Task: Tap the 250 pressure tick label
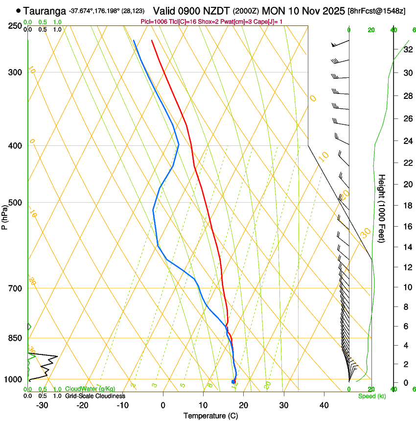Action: [x=15, y=25]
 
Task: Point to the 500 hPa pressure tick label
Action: [x=15, y=203]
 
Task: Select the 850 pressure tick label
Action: [x=15, y=338]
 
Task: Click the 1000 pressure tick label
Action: [x=13, y=379]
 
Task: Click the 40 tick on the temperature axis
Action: [x=324, y=405]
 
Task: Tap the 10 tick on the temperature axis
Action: [x=203, y=405]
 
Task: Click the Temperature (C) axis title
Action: [x=210, y=416]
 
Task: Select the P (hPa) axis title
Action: [x=4, y=216]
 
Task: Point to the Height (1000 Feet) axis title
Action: [x=382, y=208]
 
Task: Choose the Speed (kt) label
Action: [x=371, y=396]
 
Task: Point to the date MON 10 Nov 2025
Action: [x=303, y=10]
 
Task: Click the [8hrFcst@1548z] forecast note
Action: [x=376, y=11]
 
